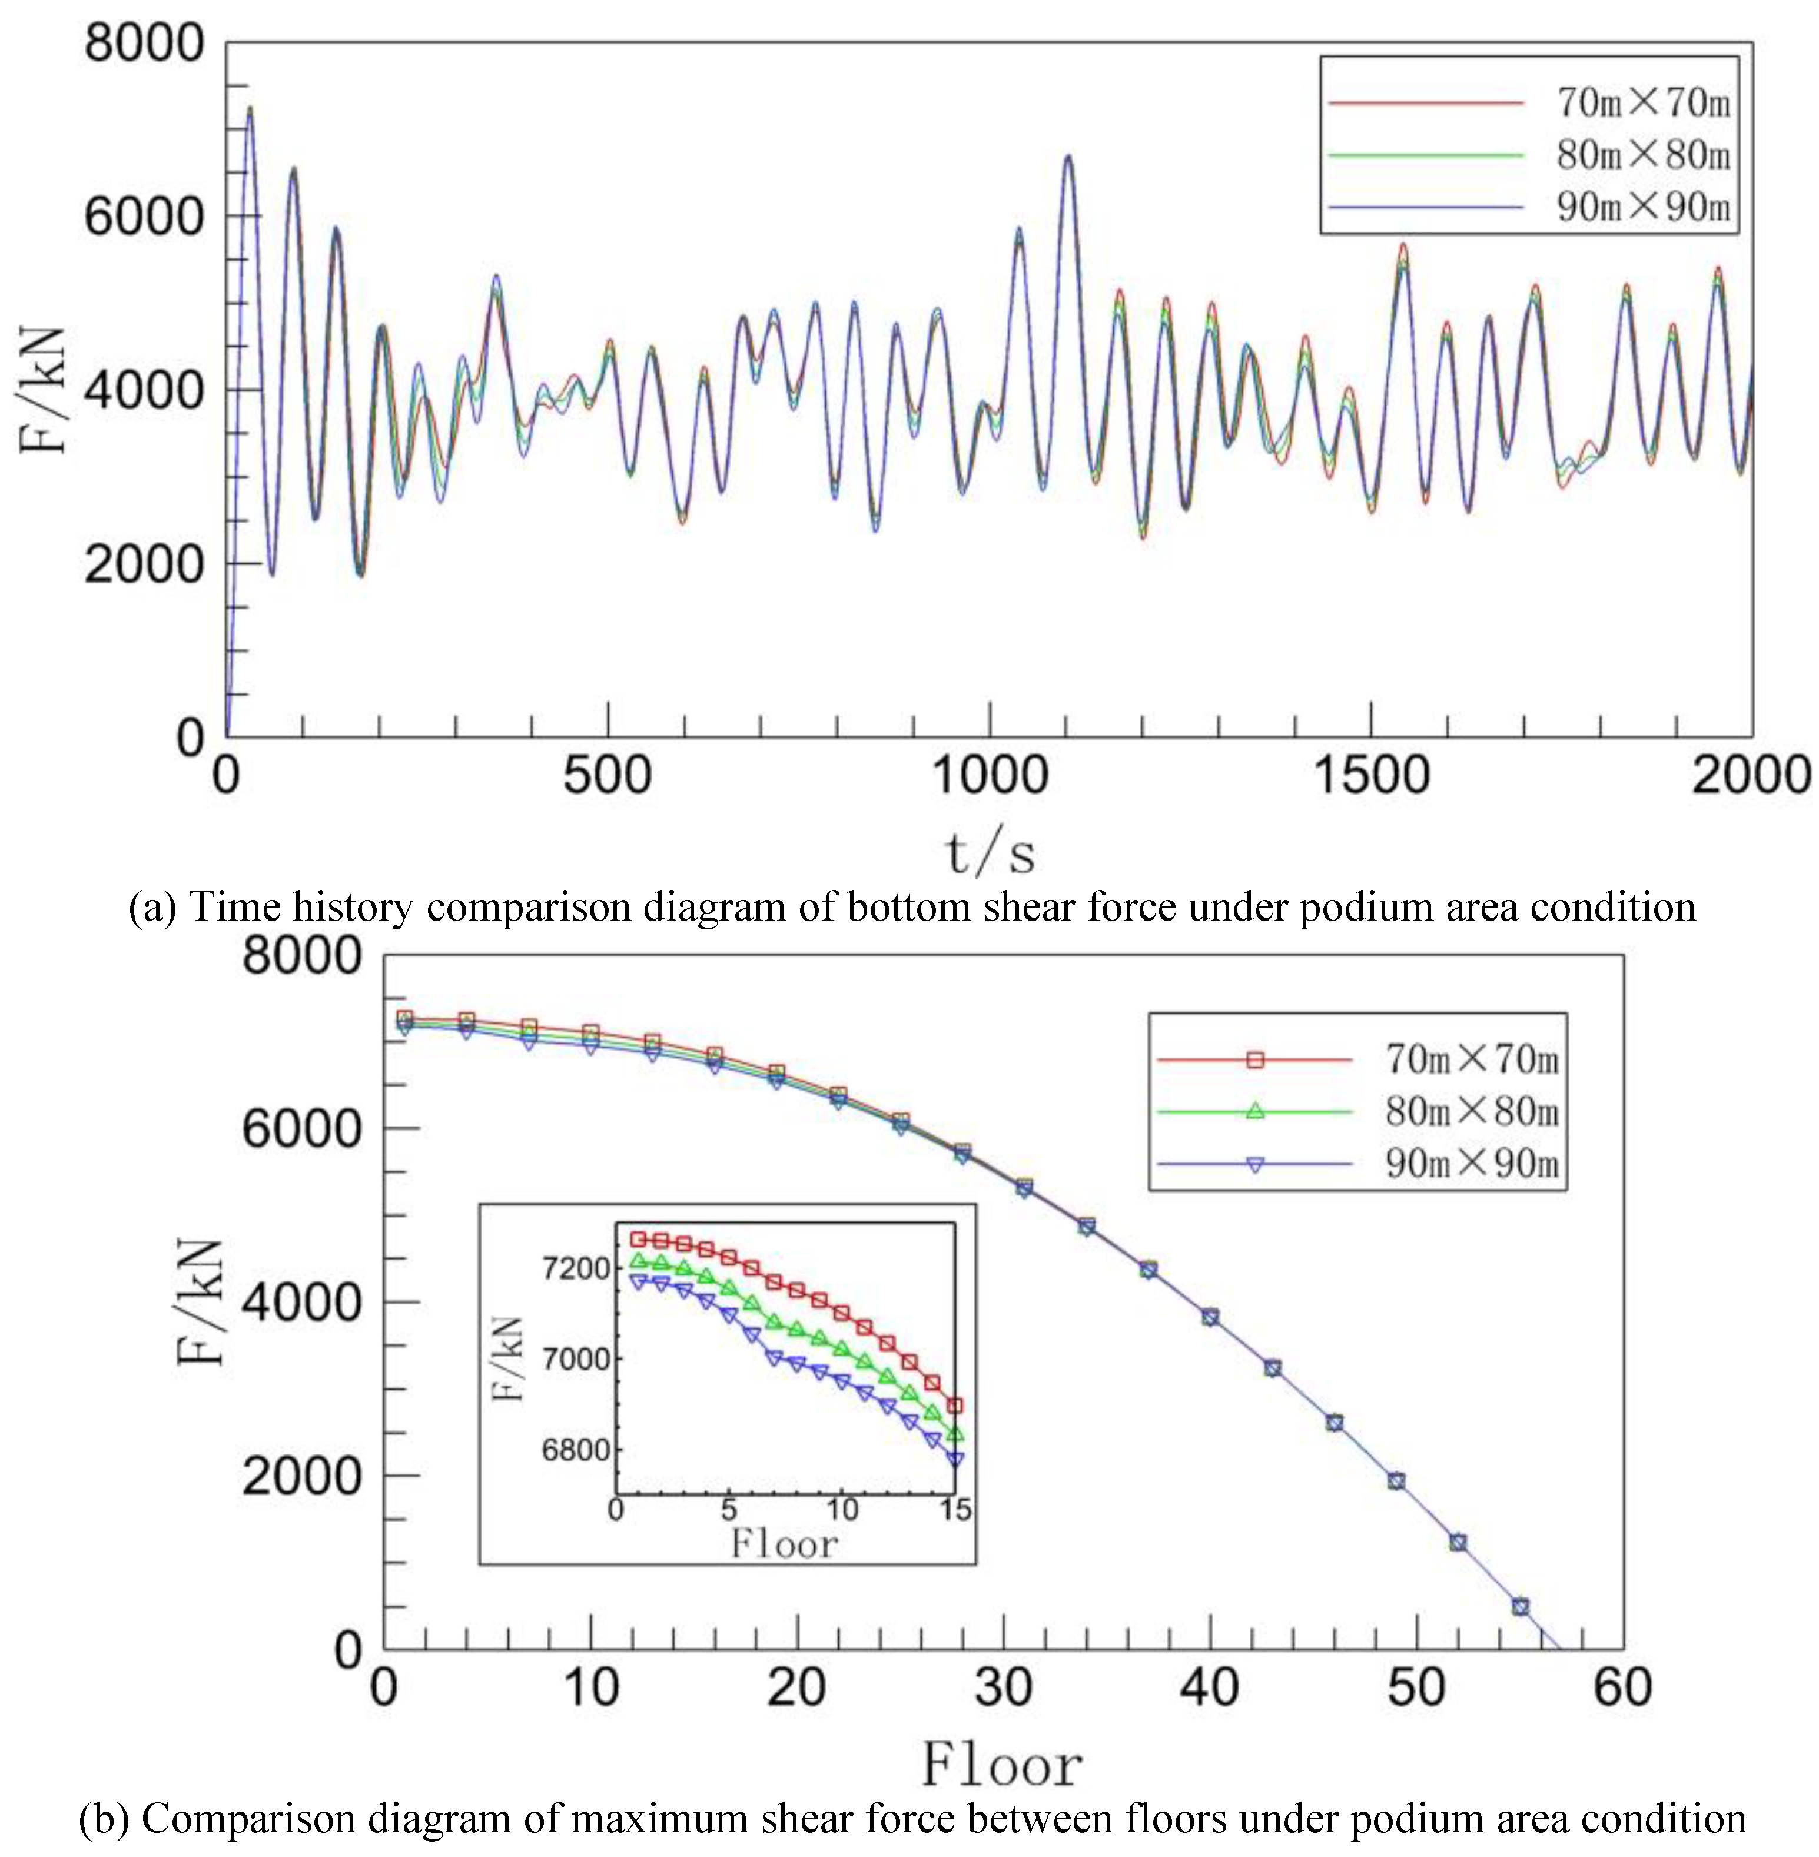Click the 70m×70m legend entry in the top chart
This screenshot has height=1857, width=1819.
pyautogui.click(x=1643, y=102)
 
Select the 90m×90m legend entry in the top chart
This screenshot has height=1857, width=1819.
pyautogui.click(x=1643, y=207)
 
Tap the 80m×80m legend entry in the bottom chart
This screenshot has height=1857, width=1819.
pyautogui.click(x=1471, y=1111)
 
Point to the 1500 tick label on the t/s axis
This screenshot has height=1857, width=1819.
pyautogui.click(x=1371, y=775)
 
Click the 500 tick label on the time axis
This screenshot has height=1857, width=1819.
pyautogui.click(x=608, y=775)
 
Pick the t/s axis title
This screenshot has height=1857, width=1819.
pyautogui.click(x=990, y=852)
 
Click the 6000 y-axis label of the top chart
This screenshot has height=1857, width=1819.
pyautogui.click(x=143, y=217)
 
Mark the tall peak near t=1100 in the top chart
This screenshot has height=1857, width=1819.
pyautogui.click(x=1068, y=156)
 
